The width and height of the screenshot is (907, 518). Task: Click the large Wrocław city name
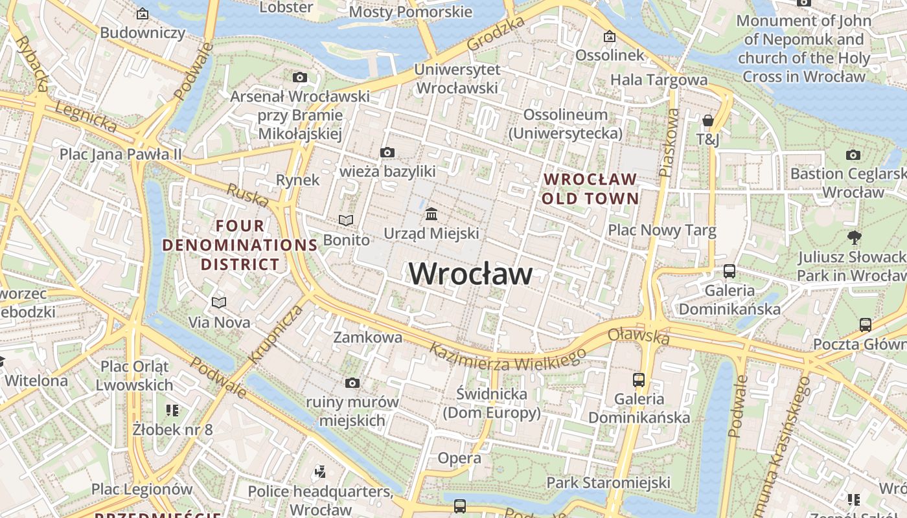(x=470, y=274)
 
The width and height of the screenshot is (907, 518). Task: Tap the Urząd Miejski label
(x=431, y=233)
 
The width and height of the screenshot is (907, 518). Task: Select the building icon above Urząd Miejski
(x=431, y=214)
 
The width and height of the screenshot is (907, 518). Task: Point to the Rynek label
(x=297, y=180)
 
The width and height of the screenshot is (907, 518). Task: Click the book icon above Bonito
(x=347, y=221)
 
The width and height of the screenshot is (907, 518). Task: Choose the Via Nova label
(x=219, y=322)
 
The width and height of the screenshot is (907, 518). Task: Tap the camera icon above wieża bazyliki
(x=387, y=153)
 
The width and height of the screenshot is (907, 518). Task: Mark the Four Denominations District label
(x=240, y=245)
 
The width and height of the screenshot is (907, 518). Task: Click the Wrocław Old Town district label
(x=590, y=188)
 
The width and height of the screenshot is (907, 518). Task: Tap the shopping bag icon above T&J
(x=708, y=120)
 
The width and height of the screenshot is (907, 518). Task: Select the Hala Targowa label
(x=659, y=80)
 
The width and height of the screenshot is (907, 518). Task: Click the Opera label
(x=459, y=458)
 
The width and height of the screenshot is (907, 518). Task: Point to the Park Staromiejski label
(x=608, y=482)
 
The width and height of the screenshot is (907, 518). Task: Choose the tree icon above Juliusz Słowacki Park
(x=855, y=238)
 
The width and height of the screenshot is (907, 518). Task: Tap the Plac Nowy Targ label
(x=661, y=231)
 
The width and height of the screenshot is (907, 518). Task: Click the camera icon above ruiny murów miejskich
(x=352, y=383)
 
